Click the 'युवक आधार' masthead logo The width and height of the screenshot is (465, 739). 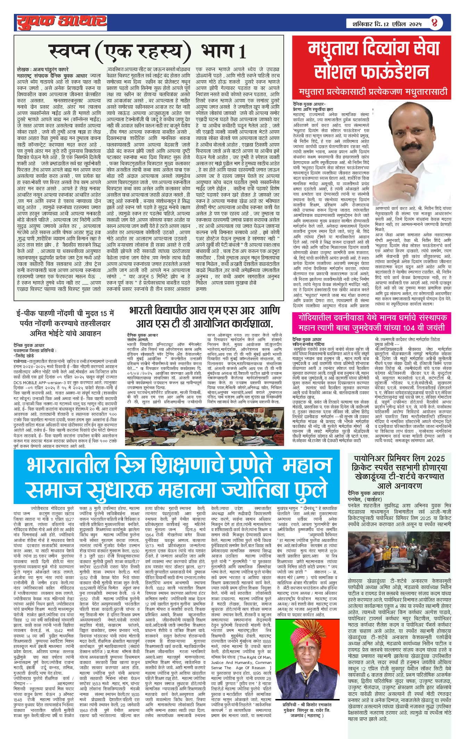[x=62, y=22]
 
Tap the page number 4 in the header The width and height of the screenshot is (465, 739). [x=434, y=23]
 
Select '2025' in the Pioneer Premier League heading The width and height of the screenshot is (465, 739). [x=432, y=459]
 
